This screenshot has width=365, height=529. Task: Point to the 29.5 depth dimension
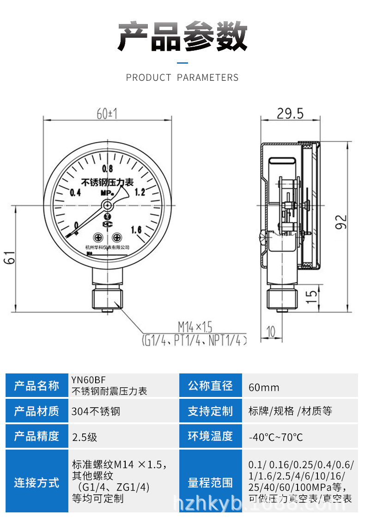pos(290,113)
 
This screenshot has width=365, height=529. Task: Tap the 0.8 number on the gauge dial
pos(108,168)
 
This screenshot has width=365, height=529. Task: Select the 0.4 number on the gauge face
pos(75,192)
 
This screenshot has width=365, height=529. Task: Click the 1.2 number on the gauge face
pos(139,192)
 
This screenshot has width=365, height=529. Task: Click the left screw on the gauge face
pos(97,237)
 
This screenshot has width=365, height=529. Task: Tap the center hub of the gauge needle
pos(108,205)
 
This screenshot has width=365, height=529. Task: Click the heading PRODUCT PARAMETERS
pos(182,78)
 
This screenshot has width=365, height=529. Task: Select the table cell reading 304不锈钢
pos(96,411)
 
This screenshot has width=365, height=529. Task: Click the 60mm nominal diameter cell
pos(264,387)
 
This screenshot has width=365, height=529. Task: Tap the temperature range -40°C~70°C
pos(276,437)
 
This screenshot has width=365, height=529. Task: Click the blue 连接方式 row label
pos(36,483)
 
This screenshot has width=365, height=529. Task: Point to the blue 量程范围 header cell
pos(210,483)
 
